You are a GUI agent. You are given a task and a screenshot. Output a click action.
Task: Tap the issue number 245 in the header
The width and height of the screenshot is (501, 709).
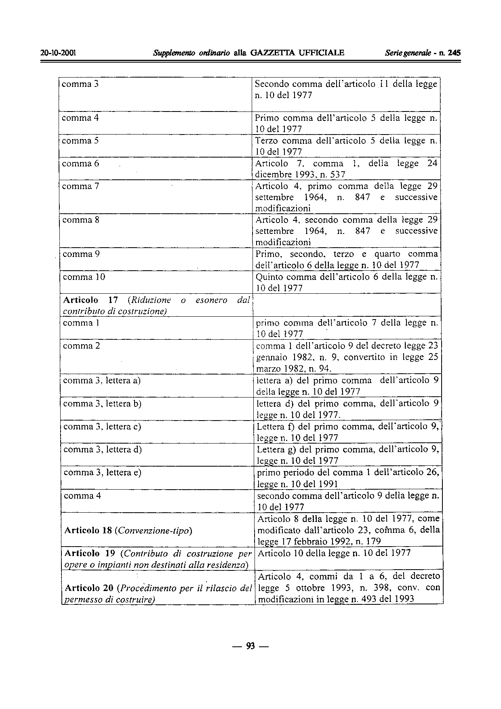454,53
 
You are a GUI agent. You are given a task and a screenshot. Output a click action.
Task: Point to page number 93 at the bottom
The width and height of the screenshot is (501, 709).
250,646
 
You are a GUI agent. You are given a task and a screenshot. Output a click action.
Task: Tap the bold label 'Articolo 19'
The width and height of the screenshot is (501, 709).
90,553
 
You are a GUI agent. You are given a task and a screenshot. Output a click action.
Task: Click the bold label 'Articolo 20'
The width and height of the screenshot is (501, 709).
89,588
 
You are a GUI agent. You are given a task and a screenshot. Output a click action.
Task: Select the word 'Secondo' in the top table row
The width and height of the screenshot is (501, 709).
272,84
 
